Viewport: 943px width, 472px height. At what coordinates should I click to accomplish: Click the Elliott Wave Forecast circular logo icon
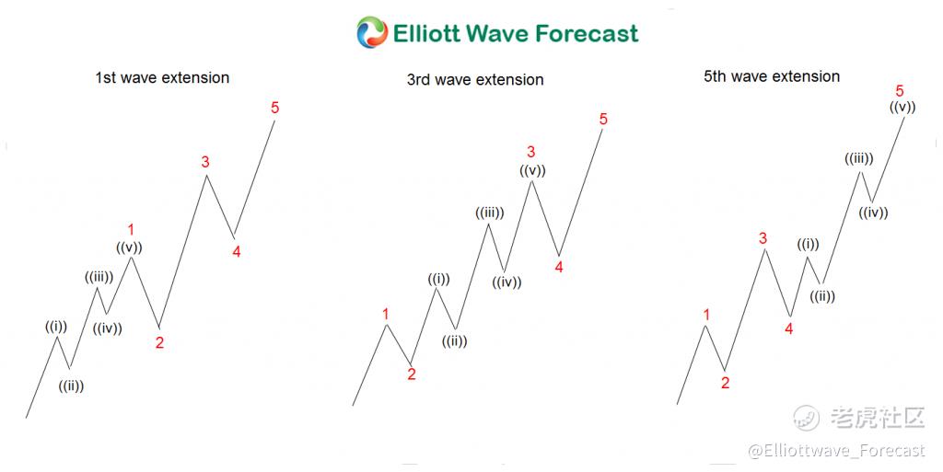point(372,32)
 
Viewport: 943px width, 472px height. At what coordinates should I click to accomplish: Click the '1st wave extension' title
point(162,77)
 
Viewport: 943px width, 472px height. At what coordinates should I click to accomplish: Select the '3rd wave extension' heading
point(475,79)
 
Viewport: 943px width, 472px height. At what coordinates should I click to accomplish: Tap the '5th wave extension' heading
point(772,76)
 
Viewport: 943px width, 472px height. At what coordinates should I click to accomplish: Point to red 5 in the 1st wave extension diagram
point(274,108)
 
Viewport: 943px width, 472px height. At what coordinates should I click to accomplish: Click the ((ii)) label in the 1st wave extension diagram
point(71,386)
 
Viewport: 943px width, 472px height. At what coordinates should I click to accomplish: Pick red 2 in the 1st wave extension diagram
point(159,342)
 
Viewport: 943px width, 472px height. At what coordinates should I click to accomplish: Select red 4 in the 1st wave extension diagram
point(237,251)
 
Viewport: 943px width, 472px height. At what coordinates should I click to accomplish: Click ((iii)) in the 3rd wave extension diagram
point(490,213)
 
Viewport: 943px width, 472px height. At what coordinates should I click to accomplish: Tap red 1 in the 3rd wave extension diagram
point(386,314)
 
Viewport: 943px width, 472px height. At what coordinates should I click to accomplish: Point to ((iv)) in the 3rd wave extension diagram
point(507,282)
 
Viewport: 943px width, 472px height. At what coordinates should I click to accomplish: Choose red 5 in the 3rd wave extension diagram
point(603,119)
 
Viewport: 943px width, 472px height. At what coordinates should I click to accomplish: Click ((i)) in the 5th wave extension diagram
point(809,245)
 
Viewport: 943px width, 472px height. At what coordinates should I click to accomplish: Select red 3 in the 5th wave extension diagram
point(763,238)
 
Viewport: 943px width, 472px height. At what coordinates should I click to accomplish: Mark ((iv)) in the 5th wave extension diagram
point(873,212)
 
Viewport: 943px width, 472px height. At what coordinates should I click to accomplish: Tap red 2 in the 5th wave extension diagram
point(726,383)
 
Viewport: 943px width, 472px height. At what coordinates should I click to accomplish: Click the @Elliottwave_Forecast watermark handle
point(836,451)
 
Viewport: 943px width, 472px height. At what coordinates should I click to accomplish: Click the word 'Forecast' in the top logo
point(587,33)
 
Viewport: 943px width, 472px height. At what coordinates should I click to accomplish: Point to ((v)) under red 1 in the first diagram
point(129,247)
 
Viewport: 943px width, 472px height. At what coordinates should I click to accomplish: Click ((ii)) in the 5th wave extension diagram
point(822,296)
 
